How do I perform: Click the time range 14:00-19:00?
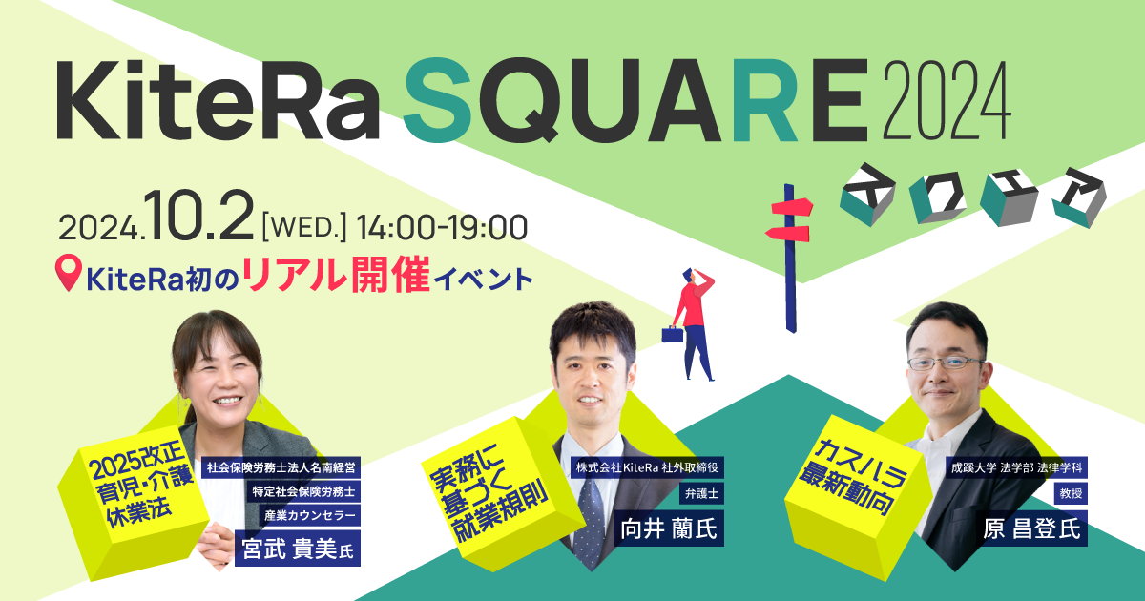[x=442, y=226]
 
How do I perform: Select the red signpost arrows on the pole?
[x=788, y=218]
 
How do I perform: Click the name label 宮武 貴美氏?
[x=297, y=549]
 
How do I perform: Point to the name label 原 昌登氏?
[x=1034, y=526]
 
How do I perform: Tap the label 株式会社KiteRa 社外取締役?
[x=648, y=467]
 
